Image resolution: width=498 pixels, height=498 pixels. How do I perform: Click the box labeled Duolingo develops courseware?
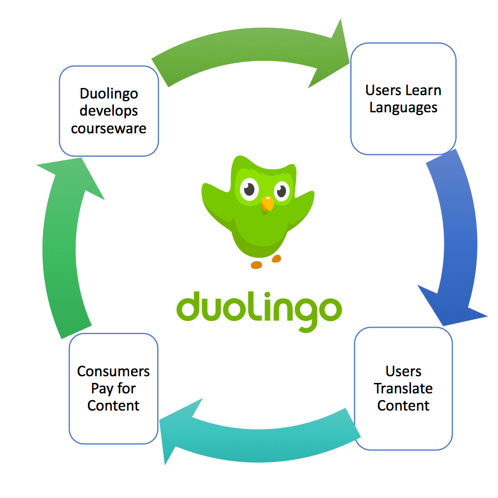coord(109,111)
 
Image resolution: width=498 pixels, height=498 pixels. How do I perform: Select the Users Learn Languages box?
coord(403,98)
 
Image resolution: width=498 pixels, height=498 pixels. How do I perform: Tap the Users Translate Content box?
coord(403,388)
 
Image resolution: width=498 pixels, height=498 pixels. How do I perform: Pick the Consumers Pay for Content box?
coord(113,388)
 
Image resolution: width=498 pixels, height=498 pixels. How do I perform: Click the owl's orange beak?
coord(267,204)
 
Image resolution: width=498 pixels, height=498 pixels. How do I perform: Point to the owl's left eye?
coord(249,190)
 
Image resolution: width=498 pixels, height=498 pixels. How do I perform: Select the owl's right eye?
coord(282,191)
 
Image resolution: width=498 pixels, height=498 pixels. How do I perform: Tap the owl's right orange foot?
coord(277,258)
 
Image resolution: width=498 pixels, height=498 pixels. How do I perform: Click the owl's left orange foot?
coord(256,265)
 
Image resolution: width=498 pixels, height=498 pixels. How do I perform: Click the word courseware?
coord(109,128)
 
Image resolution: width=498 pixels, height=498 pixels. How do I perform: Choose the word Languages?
coord(403,107)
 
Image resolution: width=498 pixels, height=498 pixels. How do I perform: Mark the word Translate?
coord(403,388)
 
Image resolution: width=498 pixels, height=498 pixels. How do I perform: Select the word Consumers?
coord(113,371)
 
